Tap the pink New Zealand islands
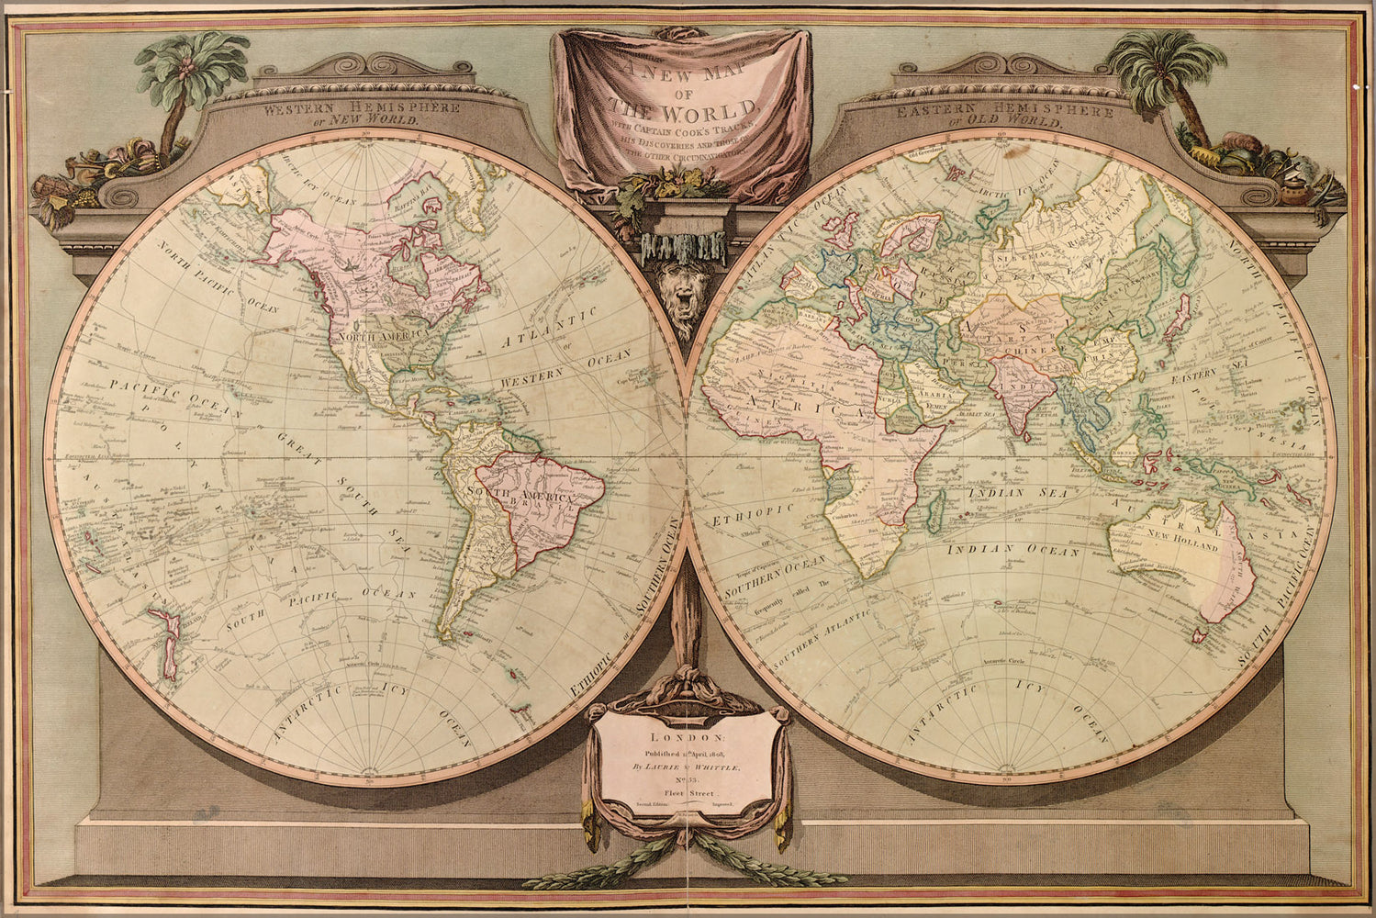coord(165,643)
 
